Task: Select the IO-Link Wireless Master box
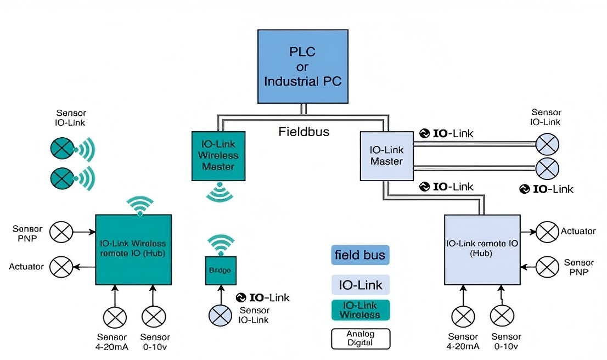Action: click(x=218, y=156)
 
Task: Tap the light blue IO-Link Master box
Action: click(x=386, y=156)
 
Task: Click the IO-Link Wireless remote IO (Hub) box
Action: click(x=134, y=249)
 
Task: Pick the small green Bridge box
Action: click(x=220, y=271)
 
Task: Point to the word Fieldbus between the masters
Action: click(x=303, y=132)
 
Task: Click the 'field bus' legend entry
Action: click(x=360, y=255)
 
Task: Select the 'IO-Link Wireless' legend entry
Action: click(x=360, y=310)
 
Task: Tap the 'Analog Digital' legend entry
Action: click(x=360, y=339)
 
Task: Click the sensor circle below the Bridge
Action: click(x=220, y=316)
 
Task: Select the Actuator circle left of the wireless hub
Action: click(x=61, y=267)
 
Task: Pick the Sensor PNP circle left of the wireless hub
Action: click(x=61, y=232)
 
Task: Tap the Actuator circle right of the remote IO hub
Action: click(x=547, y=232)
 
